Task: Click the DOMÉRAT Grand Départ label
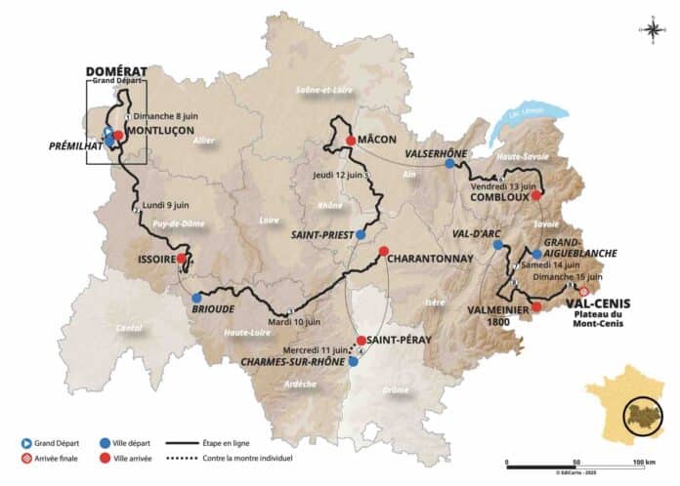tap(115, 73)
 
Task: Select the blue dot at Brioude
tap(196, 298)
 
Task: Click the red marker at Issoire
tap(181, 260)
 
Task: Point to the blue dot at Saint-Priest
tap(361, 235)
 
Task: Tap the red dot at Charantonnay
tap(383, 250)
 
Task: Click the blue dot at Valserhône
tap(449, 164)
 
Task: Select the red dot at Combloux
tap(535, 194)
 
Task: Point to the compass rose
tap(652, 28)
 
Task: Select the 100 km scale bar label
tap(643, 462)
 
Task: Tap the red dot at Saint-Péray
tap(361, 341)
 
